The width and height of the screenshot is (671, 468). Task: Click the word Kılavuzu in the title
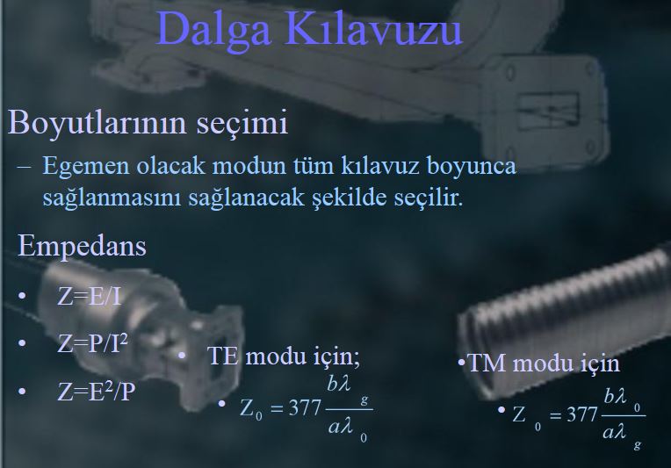tap(373, 27)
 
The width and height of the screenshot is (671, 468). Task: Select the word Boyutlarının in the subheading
tap(97, 123)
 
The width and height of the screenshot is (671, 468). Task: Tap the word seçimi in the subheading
tap(242, 123)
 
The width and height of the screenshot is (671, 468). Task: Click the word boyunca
tap(472, 167)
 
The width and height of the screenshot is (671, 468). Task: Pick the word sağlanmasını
tap(112, 198)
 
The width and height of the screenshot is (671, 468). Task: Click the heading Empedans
tap(82, 247)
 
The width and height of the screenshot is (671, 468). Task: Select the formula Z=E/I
tap(90, 296)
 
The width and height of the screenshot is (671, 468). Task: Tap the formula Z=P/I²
tap(92, 343)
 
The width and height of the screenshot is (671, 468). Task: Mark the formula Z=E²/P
tap(97, 391)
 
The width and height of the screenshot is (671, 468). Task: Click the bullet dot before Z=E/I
tap(22, 296)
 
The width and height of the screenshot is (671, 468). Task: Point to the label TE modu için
tap(284, 356)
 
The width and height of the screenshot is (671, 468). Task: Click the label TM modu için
tap(544, 364)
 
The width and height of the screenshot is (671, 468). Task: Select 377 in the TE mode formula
tap(305, 408)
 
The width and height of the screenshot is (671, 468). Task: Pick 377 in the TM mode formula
tap(582, 415)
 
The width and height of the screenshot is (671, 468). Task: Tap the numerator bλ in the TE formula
tap(339, 385)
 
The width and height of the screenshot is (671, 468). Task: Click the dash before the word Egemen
tap(24, 167)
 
